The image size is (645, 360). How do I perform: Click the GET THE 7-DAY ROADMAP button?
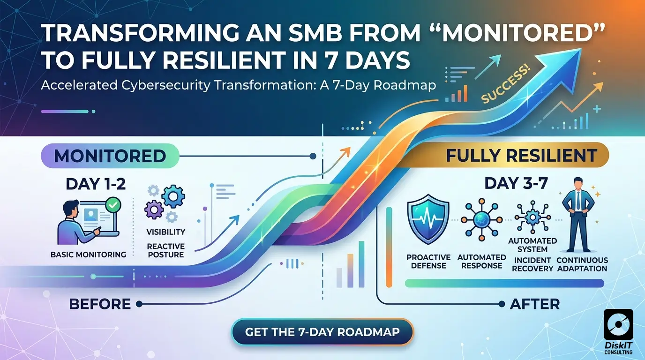[322, 332]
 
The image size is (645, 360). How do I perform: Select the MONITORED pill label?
[110, 156]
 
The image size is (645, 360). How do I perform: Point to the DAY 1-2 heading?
[96, 184]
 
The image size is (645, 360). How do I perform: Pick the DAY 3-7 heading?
[516, 183]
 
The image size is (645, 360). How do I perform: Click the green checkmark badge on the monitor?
[113, 205]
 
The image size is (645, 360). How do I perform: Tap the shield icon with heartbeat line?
[428, 219]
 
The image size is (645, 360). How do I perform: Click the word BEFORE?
[100, 304]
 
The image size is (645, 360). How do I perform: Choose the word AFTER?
[535, 304]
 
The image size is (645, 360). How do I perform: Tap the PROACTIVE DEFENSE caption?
[428, 262]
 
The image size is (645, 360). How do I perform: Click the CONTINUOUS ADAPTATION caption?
[582, 264]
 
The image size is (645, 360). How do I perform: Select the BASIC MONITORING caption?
[89, 255]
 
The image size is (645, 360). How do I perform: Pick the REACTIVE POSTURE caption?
[165, 251]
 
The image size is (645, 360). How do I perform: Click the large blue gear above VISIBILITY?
[173, 196]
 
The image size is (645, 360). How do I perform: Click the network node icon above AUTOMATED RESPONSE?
[481, 219]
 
